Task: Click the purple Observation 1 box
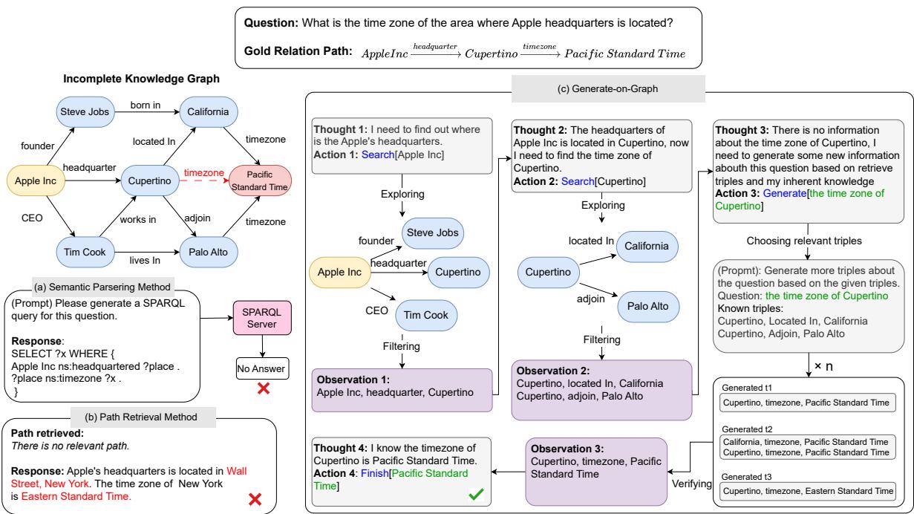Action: pos(402,390)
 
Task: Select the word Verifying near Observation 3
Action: pos(692,484)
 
